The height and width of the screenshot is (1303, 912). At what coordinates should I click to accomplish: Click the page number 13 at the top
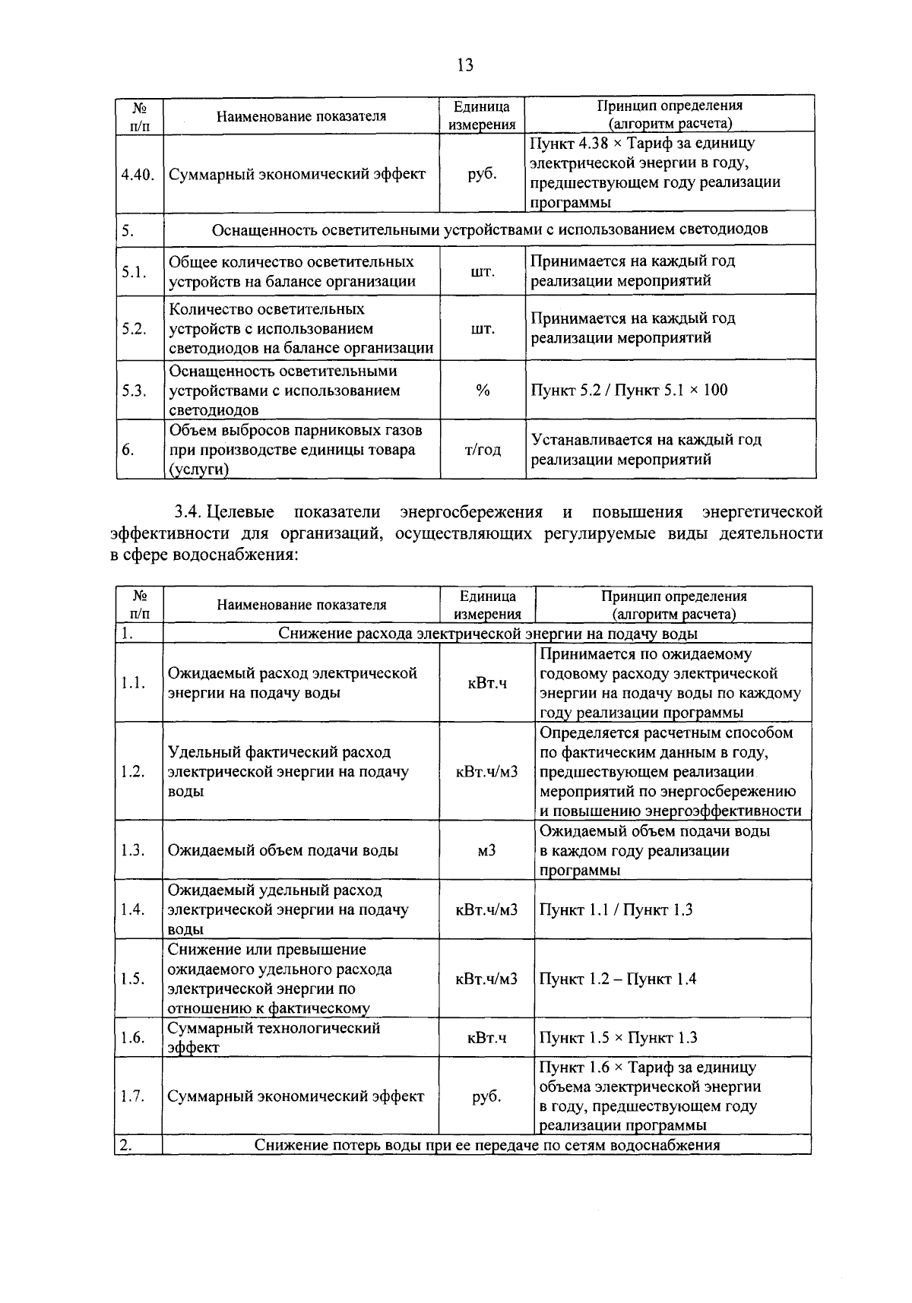[x=465, y=65]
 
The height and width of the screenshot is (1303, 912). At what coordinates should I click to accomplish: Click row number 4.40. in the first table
[x=138, y=174]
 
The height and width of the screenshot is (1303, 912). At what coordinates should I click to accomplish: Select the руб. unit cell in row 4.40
[x=482, y=173]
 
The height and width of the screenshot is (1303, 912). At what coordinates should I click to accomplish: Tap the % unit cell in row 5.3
[x=482, y=390]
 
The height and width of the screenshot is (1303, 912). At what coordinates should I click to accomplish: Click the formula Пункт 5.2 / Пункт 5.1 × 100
[x=629, y=390]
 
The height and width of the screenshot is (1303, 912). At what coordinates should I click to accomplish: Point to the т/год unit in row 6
[x=482, y=450]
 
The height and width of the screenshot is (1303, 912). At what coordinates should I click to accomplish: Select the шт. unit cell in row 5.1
[x=482, y=271]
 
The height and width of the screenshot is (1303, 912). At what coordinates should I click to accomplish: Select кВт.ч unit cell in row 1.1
[x=486, y=683]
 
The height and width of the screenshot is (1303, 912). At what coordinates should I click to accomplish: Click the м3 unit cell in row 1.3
[x=486, y=850]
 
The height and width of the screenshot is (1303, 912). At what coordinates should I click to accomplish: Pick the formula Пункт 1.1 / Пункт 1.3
[x=616, y=909]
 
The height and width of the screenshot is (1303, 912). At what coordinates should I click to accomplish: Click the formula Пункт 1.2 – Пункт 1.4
[x=617, y=979]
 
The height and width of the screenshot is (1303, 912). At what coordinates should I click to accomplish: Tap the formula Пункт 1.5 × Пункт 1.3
[x=618, y=1038]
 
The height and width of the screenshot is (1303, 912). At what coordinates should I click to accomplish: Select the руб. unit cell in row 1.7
[x=486, y=1096]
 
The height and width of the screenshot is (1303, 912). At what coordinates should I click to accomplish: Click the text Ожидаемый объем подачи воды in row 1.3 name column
[x=283, y=850]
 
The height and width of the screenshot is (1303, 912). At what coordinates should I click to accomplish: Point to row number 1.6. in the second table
[x=133, y=1038]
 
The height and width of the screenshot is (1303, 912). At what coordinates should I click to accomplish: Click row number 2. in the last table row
[x=126, y=1145]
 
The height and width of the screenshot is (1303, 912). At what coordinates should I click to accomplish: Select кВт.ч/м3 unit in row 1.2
[x=486, y=771]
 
